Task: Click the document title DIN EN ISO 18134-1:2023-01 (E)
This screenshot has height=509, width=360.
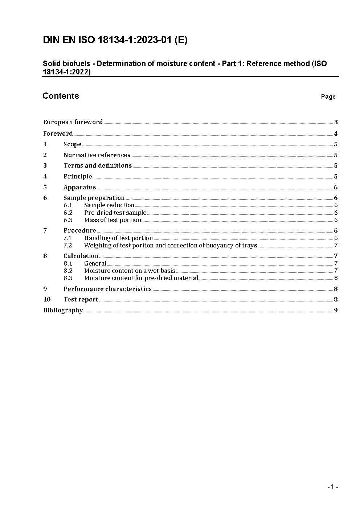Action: point(115,40)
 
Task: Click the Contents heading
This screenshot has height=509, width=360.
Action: point(61,96)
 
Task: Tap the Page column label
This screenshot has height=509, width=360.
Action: point(328,97)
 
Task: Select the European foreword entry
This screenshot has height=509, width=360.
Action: point(73,122)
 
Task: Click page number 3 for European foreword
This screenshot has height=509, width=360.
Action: point(336,122)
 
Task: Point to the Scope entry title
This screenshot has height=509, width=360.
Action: point(72,144)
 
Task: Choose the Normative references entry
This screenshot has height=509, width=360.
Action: point(97,155)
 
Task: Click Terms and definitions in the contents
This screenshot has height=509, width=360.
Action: point(97,165)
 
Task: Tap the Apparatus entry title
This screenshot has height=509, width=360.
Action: point(79,187)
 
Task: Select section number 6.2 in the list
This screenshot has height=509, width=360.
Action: point(68,213)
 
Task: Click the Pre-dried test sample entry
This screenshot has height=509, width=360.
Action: point(115,213)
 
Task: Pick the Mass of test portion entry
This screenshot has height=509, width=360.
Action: point(112,220)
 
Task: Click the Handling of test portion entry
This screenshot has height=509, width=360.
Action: point(118,238)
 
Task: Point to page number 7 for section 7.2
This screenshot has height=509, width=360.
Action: point(336,245)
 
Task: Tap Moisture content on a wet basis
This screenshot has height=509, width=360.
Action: point(130,271)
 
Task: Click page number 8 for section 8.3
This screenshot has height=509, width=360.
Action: point(336,278)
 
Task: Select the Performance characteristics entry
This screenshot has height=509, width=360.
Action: point(107,289)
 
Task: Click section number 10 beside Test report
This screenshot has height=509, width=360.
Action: point(47,299)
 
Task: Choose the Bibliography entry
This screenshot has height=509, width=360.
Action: point(63,310)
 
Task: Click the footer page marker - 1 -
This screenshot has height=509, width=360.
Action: point(333,487)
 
